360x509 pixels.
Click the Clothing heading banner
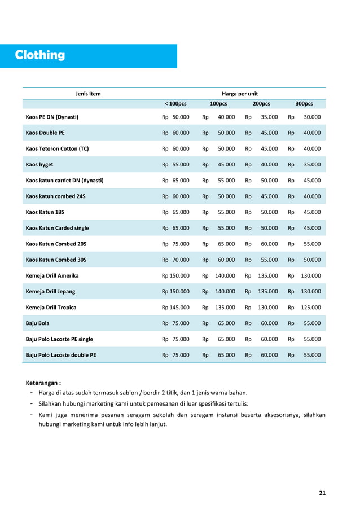(x=40, y=55)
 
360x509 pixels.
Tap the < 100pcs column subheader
(x=175, y=104)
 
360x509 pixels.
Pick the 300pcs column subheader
(x=304, y=104)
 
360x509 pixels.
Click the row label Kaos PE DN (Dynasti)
(x=52, y=117)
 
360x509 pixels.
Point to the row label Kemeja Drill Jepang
(x=51, y=291)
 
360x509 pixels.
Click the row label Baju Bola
(x=38, y=323)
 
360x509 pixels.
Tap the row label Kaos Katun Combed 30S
(x=56, y=260)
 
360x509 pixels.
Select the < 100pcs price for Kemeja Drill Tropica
(x=175, y=308)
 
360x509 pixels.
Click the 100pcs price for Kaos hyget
(x=226, y=165)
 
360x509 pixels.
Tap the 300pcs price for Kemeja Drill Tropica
(x=310, y=308)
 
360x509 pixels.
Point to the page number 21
(x=322, y=493)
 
